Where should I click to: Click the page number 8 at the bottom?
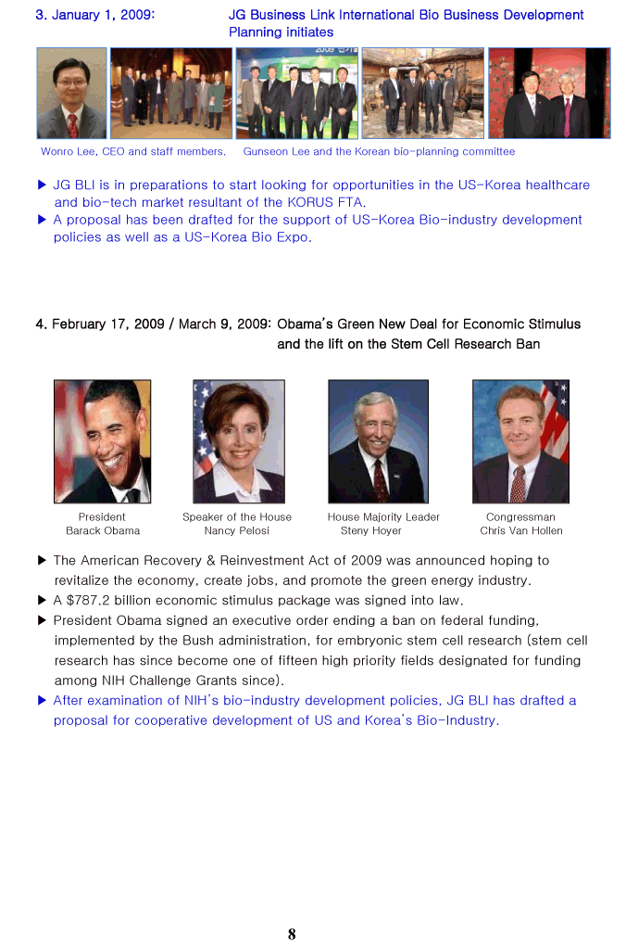point(292,935)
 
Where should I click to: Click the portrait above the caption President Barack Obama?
point(102,441)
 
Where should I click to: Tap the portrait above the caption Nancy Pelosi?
point(238,441)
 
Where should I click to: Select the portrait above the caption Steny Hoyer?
point(378,441)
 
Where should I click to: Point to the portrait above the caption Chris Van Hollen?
point(520,441)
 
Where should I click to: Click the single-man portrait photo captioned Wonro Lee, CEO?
point(71,94)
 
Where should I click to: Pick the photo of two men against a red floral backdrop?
point(549,94)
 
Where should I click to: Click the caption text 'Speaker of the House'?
point(237,517)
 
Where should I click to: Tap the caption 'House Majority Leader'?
point(383,517)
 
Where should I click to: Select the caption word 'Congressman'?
point(520,517)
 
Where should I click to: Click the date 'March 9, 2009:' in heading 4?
point(225,325)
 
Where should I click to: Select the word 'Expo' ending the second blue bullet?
point(294,237)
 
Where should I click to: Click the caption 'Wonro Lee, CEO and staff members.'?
point(132,152)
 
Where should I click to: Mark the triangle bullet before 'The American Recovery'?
point(42,561)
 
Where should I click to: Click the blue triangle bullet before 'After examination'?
point(42,701)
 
